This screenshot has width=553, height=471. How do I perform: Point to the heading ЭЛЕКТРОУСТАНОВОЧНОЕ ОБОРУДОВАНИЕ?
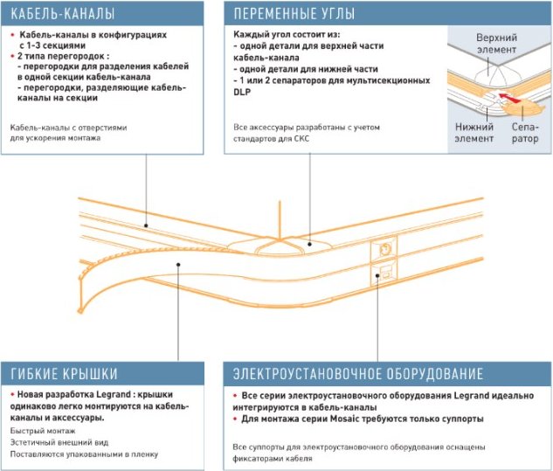tap(357, 373)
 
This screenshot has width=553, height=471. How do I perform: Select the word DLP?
tap(243, 92)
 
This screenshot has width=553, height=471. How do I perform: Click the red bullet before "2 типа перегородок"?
tap(12, 54)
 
